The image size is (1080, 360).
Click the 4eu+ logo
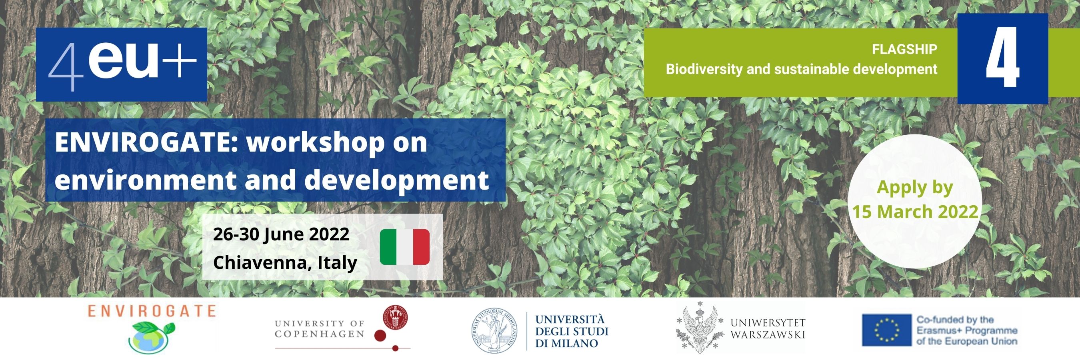122,64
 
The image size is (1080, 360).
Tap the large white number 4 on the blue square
1002,58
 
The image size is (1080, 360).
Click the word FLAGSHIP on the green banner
904,50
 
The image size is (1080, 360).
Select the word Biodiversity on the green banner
704,69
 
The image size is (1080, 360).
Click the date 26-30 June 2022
281,234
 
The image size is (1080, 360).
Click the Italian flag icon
404,247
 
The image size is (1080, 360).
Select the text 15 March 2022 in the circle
915,212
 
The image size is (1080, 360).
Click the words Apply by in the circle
915,188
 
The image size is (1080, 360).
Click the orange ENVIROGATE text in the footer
152,311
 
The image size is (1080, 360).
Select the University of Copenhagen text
320,328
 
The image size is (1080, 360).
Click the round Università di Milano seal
495,331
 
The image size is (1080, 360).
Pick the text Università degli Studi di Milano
572,332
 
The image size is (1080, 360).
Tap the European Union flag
887,330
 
